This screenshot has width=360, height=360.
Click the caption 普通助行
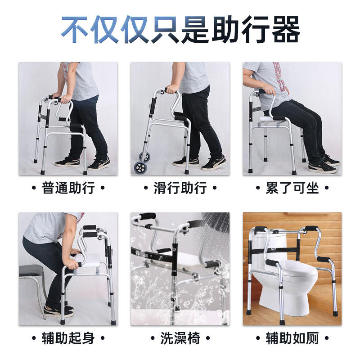pyautogui.click(x=68, y=188)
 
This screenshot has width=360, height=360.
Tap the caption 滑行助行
pyautogui.click(x=180, y=188)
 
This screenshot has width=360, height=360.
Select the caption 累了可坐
pyautogui.click(x=292, y=188)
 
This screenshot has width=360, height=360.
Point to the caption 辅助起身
pyautogui.click(x=68, y=338)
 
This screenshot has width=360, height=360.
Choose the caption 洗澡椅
pyautogui.click(x=180, y=338)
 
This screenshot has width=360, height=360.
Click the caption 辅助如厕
pyautogui.click(x=292, y=338)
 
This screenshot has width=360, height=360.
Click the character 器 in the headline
pyautogui.click(x=286, y=29)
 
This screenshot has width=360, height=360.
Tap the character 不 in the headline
pyautogui.click(x=75, y=29)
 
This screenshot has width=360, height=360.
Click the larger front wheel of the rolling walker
pyautogui.click(x=140, y=167)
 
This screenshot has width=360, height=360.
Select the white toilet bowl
pyautogui.click(x=292, y=285)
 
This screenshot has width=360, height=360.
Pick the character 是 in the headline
pyautogui.click(x=195, y=29)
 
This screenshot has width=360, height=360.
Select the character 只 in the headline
pyautogui.click(x=165, y=29)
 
